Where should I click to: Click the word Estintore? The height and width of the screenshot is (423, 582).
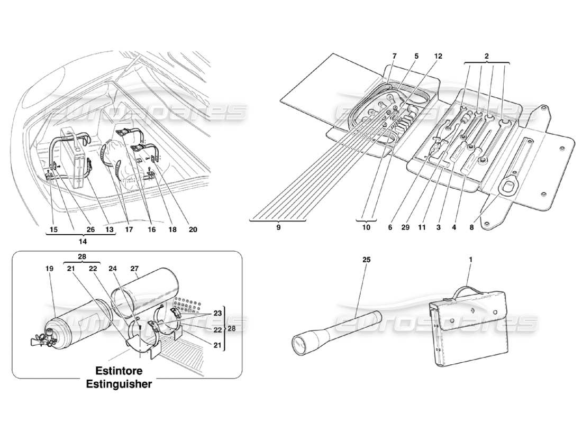pos(119,371)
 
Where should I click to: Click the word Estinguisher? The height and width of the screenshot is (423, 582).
pos(119,384)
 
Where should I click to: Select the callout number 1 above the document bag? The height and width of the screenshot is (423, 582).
pos(471,261)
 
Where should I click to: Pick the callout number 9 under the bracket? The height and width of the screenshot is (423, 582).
pos(278,228)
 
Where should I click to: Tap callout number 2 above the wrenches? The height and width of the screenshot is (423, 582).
pos(486,56)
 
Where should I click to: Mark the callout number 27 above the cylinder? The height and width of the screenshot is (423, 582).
pos(135,269)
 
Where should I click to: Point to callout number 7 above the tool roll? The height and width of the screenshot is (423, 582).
pos(394,56)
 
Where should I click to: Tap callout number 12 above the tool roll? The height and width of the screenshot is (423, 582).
pos(438,56)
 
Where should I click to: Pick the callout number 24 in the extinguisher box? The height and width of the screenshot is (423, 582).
pos(112,269)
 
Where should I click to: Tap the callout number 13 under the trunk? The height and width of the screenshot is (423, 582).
pos(109,231)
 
